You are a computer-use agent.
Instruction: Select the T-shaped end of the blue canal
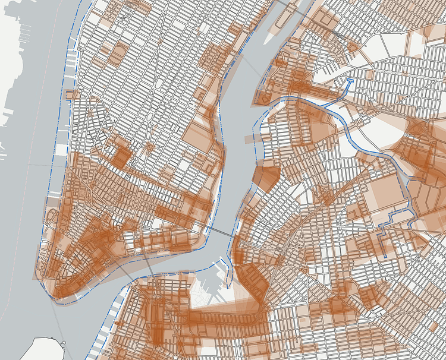(x=349, y=81)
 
